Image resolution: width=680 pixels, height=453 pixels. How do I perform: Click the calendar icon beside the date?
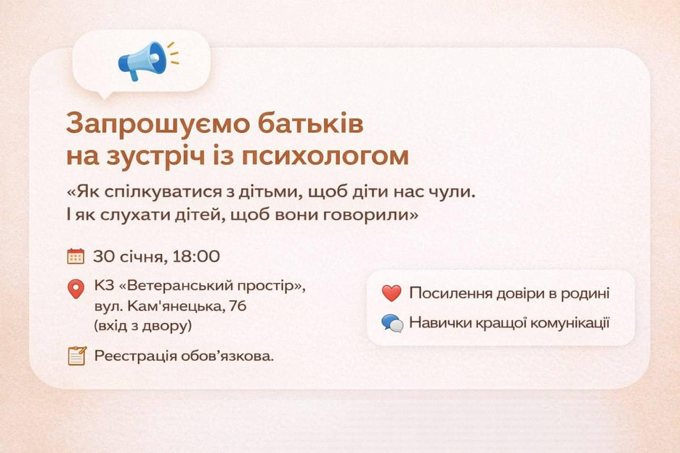76,257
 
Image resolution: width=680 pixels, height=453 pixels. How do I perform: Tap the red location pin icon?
76,289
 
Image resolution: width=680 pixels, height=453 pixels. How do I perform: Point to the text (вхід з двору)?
142,326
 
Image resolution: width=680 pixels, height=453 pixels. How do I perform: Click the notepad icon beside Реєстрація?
77,355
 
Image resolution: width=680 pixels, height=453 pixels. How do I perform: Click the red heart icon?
392,293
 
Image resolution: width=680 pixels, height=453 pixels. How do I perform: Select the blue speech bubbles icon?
392,323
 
